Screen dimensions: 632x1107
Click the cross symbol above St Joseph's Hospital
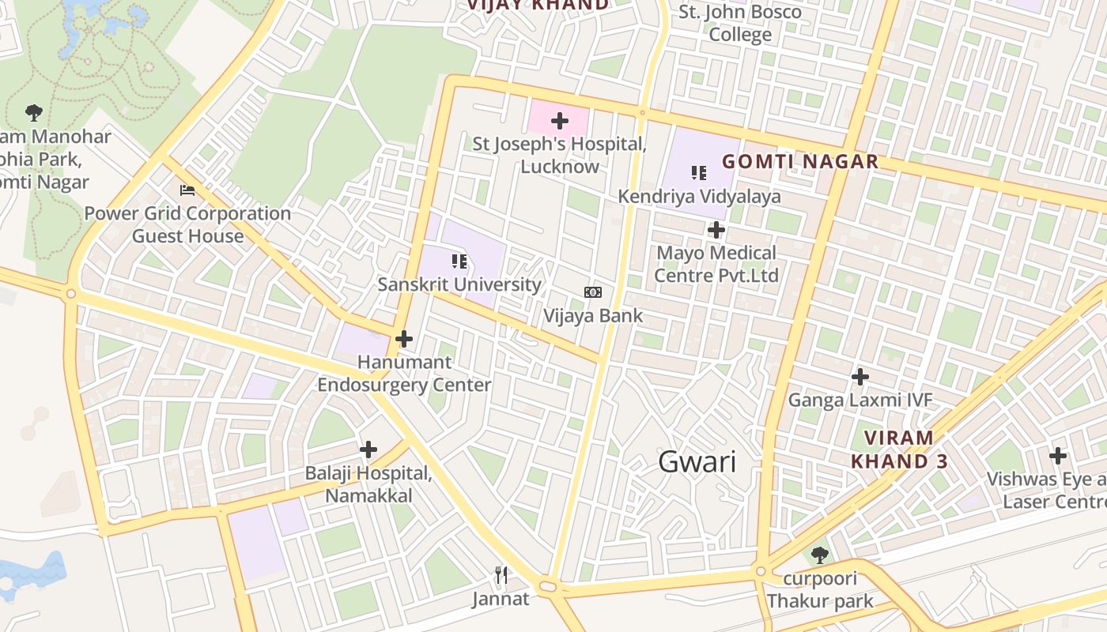[x=560, y=121]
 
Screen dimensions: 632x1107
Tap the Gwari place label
[x=697, y=462]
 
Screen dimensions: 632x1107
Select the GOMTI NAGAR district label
[x=800, y=162]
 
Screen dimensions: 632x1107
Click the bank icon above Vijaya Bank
[x=592, y=292]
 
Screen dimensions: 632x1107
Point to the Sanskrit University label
[x=459, y=284]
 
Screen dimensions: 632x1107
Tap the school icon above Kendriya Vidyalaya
[x=698, y=172]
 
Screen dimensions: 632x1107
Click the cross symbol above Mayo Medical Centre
[x=716, y=230]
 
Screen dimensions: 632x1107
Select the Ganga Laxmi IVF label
[x=860, y=400]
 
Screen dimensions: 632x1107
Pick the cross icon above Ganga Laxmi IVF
[x=860, y=377]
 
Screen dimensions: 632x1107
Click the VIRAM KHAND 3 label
[x=899, y=450]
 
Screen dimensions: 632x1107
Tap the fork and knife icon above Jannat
[x=501, y=575]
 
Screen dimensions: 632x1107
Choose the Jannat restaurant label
[x=501, y=599]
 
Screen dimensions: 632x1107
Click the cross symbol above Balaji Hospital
[x=368, y=450]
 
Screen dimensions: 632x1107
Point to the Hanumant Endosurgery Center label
[x=404, y=374]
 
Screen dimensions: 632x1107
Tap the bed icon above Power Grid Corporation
[x=187, y=190]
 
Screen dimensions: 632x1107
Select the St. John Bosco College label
[x=740, y=24]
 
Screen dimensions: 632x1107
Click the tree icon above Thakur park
[x=820, y=555]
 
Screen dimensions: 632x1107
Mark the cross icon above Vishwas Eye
[x=1058, y=456]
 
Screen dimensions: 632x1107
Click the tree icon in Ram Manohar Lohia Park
[x=34, y=112]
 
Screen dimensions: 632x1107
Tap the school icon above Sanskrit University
[x=459, y=261]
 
